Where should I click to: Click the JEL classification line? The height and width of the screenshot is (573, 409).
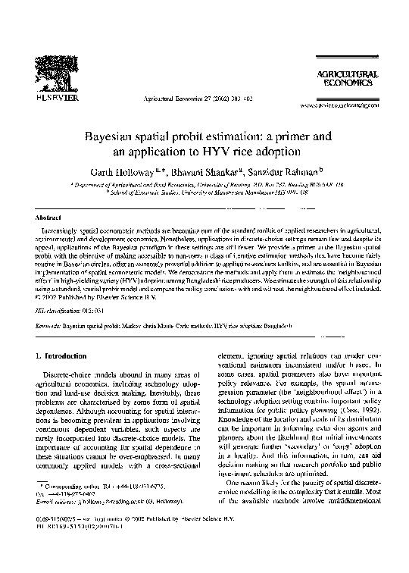[70, 310]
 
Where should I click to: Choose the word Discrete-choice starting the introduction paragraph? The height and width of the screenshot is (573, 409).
[72, 376]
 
